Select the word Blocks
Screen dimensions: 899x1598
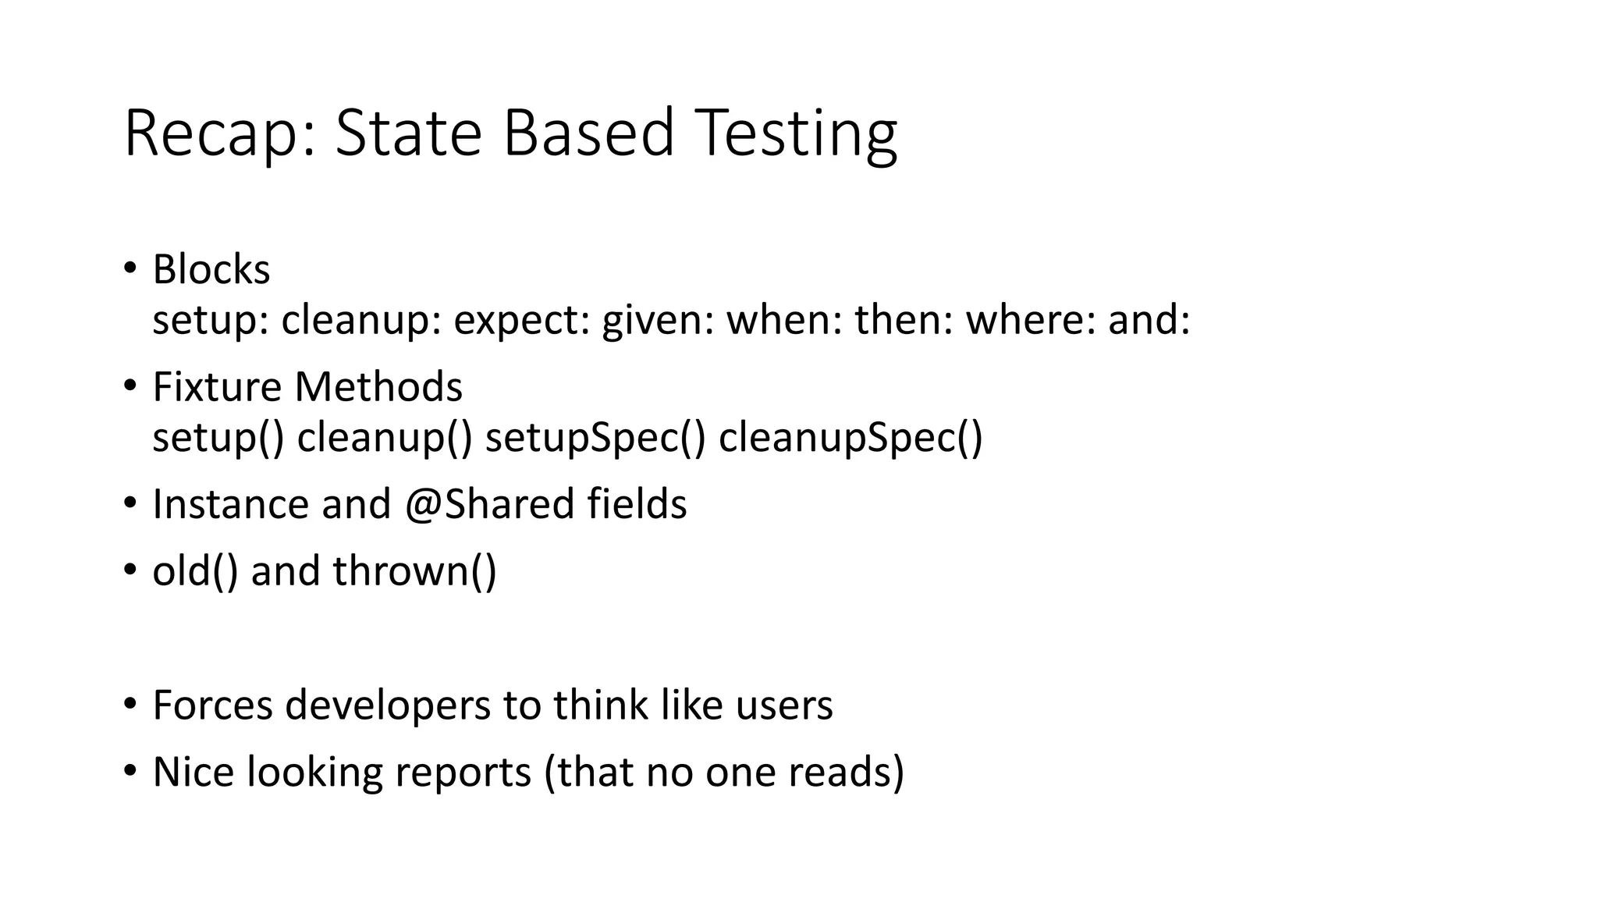click(x=211, y=270)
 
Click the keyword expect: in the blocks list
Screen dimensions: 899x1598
click(x=521, y=320)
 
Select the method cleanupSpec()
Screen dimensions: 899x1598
click(x=850, y=437)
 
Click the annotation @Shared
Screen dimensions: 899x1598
click(x=489, y=504)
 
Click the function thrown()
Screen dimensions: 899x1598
click(x=414, y=571)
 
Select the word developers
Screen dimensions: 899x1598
click(x=387, y=705)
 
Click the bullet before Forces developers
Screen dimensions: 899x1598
click(x=130, y=704)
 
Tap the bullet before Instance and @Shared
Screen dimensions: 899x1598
click(x=130, y=503)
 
